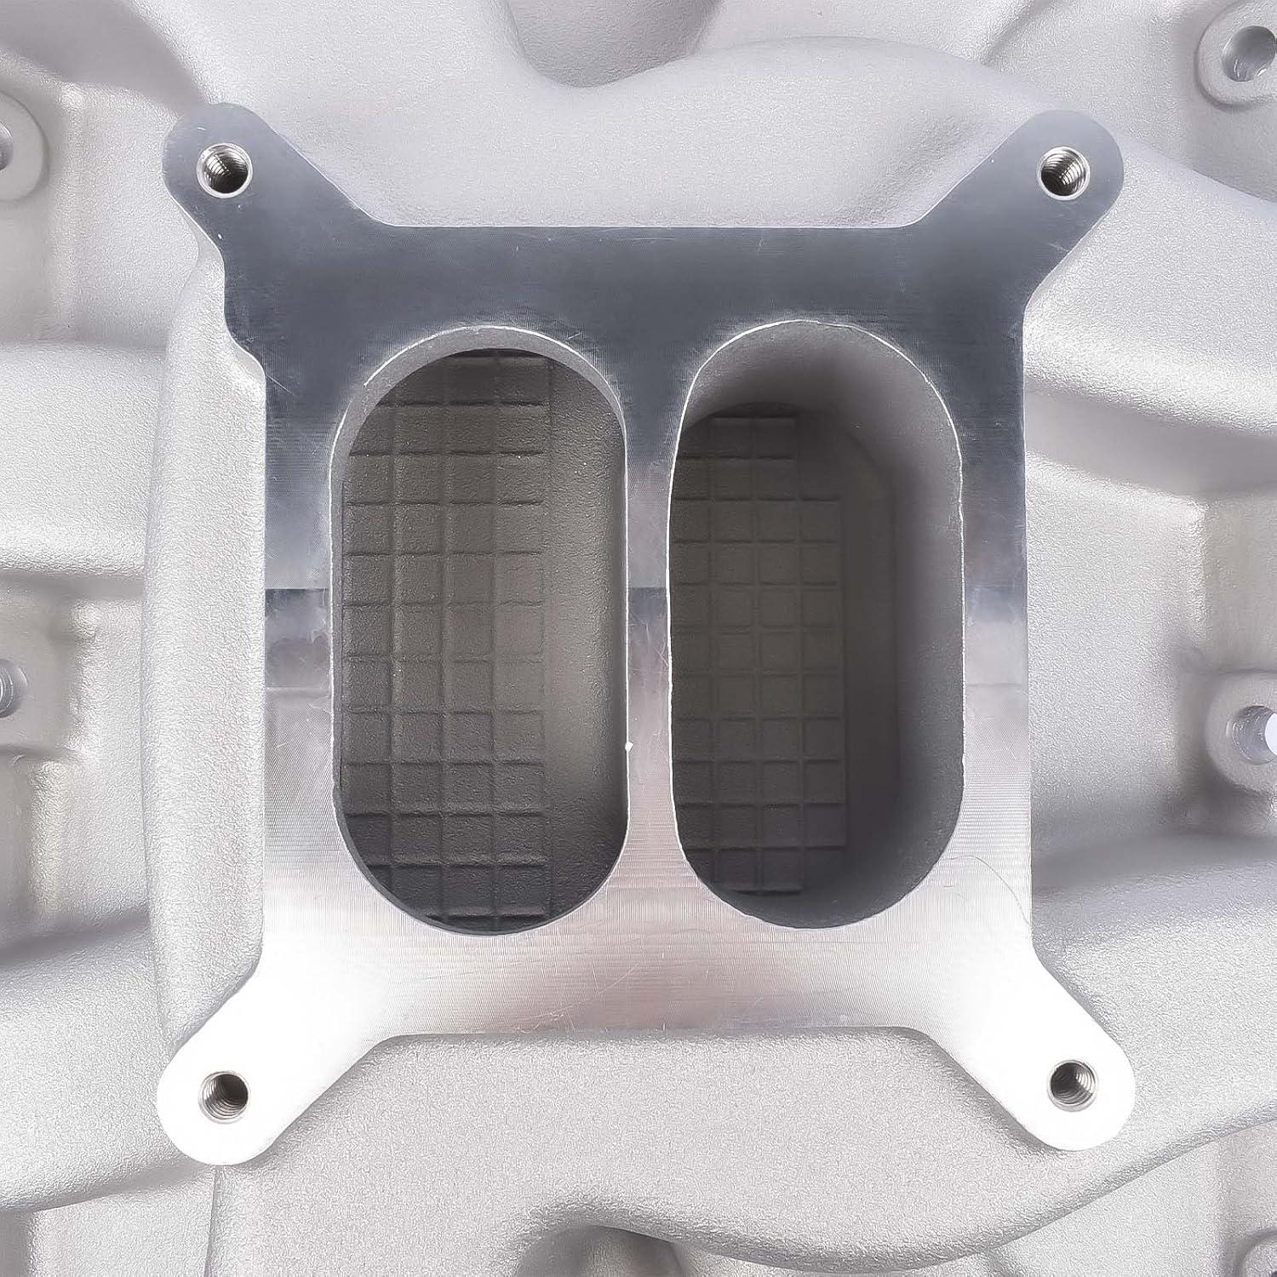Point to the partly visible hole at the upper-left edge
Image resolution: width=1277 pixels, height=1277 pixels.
pyautogui.click(x=9, y=136)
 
